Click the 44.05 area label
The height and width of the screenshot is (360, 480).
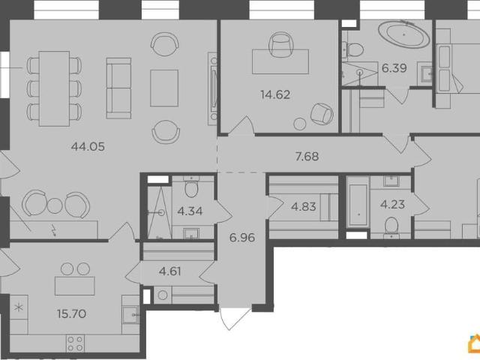88,147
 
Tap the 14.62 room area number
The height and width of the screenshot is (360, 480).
275,94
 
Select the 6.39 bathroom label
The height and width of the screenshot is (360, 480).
394,68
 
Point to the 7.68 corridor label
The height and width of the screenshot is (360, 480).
307,157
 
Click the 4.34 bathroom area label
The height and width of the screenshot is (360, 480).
190,211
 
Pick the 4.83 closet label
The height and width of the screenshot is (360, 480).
303,207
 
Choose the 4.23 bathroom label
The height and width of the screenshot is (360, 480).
392,204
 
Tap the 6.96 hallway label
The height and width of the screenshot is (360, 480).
242,238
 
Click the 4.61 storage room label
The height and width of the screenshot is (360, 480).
170,271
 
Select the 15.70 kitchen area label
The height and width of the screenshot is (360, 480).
71,313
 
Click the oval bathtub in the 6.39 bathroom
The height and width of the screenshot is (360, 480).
403,34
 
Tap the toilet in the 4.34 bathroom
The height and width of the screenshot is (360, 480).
191,188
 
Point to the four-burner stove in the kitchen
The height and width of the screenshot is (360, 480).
75,343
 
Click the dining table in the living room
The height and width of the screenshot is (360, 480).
55,88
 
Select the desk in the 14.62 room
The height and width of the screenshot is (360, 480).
280,61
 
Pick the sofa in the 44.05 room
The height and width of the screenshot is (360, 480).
118,88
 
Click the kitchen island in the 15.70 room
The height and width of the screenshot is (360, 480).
75,286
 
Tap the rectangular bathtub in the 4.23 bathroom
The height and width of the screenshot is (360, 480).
358,205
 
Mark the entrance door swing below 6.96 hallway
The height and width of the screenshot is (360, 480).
234,319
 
